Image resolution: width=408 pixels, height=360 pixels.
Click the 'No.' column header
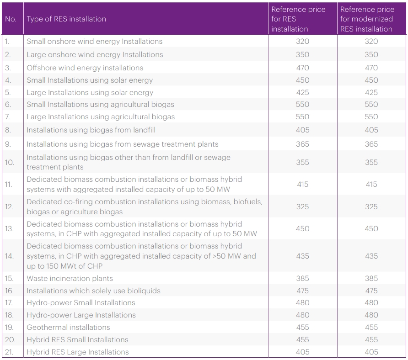click(x=11, y=19)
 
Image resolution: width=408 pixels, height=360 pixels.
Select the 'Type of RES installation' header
click(x=66, y=19)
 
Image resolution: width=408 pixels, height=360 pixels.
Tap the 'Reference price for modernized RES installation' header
click(x=367, y=19)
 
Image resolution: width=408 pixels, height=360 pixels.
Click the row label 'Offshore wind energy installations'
click(x=85, y=68)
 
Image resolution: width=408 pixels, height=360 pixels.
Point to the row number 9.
click(x=8, y=144)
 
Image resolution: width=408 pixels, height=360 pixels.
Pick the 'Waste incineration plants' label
click(x=70, y=278)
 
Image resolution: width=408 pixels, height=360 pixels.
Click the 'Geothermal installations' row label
click(x=69, y=327)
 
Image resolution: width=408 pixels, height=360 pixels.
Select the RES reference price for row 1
click(x=302, y=41)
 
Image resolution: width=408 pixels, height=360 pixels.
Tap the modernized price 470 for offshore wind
click(x=371, y=68)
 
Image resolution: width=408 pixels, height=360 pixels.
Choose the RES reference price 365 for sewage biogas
click(x=302, y=144)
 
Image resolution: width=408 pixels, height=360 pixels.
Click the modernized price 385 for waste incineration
click(x=371, y=278)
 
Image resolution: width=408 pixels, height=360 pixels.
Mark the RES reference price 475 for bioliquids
click(x=302, y=291)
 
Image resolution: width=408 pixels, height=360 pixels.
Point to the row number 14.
click(x=9, y=256)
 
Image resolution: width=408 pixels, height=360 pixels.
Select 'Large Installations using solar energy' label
click(x=90, y=93)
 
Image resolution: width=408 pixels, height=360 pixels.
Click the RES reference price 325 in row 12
click(x=302, y=206)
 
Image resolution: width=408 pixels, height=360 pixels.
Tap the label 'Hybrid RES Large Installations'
click(x=78, y=352)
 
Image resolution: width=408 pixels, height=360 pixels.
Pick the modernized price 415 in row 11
click(x=371, y=184)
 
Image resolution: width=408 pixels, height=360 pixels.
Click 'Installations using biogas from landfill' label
click(x=91, y=130)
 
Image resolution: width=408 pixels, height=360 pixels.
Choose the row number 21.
click(x=9, y=352)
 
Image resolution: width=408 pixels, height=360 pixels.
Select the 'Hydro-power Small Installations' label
click(x=81, y=302)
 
